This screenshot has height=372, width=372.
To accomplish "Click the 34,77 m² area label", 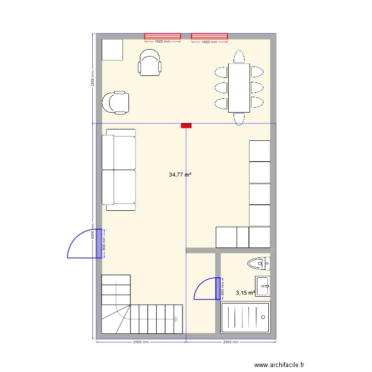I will pyautogui.click(x=180, y=175).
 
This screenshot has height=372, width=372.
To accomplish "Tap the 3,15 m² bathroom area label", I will pyautogui.click(x=245, y=293).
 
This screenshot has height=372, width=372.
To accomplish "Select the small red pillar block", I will pyautogui.click(x=186, y=126).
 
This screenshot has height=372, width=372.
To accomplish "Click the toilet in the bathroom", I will pyautogui.click(x=258, y=263).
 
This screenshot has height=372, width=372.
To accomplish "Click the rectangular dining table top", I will pyautogui.click(x=239, y=87).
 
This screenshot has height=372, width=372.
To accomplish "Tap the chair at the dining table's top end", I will pyautogui.click(x=239, y=56).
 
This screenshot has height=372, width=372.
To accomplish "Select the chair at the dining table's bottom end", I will pyautogui.click(x=239, y=119).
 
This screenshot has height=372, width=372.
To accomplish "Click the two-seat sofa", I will pyautogui.click(x=119, y=170).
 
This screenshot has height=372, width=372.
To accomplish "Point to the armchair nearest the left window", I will pyautogui.click(x=150, y=62).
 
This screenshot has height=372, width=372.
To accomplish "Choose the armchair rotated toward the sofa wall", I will pyautogui.click(x=116, y=102).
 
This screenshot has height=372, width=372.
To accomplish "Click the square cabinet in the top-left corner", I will pyautogui.click(x=112, y=50).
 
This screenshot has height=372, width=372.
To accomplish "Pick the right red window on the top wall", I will pyautogui.click(x=209, y=36).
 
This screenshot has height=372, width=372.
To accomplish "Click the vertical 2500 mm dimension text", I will pyautogui.click(x=92, y=78).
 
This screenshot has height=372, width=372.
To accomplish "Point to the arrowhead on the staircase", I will pyautogui.click(x=177, y=319).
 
